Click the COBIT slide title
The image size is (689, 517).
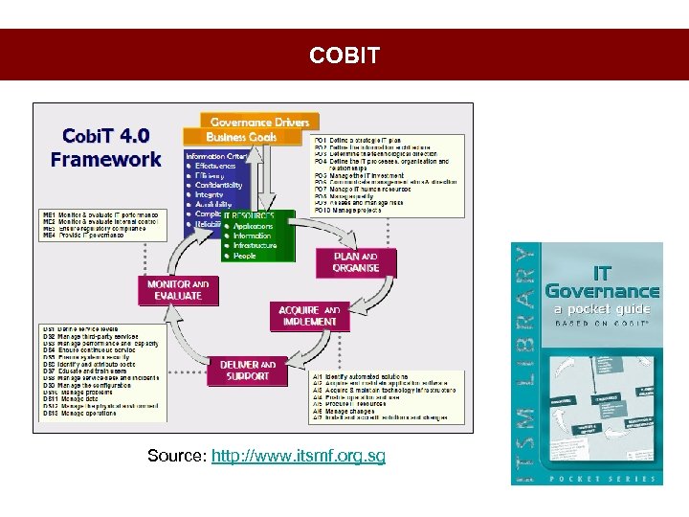click(x=344, y=56)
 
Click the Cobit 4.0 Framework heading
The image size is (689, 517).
click(x=105, y=147)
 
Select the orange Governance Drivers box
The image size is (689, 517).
click(x=259, y=123)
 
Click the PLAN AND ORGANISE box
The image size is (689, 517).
click(x=355, y=262)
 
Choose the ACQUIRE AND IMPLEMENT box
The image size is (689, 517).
click(x=308, y=316)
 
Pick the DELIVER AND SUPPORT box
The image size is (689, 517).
click(x=247, y=371)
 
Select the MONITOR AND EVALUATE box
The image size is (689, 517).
click(x=178, y=290)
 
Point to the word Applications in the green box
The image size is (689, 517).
click(x=253, y=226)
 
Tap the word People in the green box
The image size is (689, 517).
click(x=245, y=256)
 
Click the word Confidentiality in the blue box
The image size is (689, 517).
click(x=219, y=185)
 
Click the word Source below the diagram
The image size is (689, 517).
click(x=175, y=456)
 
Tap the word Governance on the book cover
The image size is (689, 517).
click(x=602, y=291)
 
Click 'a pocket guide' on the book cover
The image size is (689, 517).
click(x=602, y=309)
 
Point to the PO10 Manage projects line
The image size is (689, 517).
click(x=353, y=212)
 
